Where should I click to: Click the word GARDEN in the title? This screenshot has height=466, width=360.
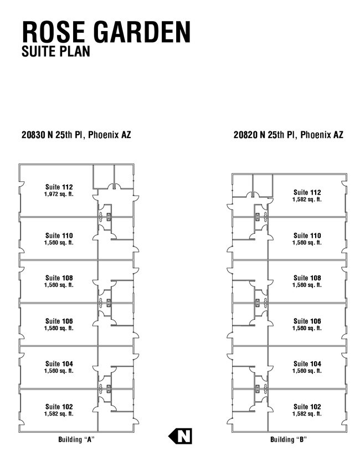point(142,32)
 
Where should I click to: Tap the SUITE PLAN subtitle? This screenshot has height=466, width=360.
point(56,51)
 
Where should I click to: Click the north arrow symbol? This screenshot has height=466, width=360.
point(181,436)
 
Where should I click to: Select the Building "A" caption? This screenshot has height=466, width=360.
point(76,439)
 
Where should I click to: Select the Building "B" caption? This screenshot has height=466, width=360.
point(289,439)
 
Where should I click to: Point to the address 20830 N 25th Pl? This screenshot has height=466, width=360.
point(54,135)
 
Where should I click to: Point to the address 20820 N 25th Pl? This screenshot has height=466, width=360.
point(265,135)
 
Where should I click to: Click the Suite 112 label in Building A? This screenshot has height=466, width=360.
point(59,187)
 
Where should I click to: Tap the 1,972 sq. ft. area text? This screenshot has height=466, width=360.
point(59,194)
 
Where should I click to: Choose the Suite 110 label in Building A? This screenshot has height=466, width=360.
point(59,235)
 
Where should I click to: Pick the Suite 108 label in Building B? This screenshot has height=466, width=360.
point(307,278)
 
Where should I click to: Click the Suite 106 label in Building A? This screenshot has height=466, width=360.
point(59,321)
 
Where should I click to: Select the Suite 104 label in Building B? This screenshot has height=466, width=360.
point(307,363)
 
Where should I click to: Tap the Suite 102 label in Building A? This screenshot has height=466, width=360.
point(59,407)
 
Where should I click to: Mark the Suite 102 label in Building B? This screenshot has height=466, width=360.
point(307,407)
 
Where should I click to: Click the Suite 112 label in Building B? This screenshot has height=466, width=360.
point(307,192)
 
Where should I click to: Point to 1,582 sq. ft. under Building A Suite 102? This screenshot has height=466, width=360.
point(59,414)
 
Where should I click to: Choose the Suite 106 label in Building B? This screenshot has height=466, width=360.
point(307,321)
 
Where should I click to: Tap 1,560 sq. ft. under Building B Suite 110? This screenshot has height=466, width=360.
point(307,243)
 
